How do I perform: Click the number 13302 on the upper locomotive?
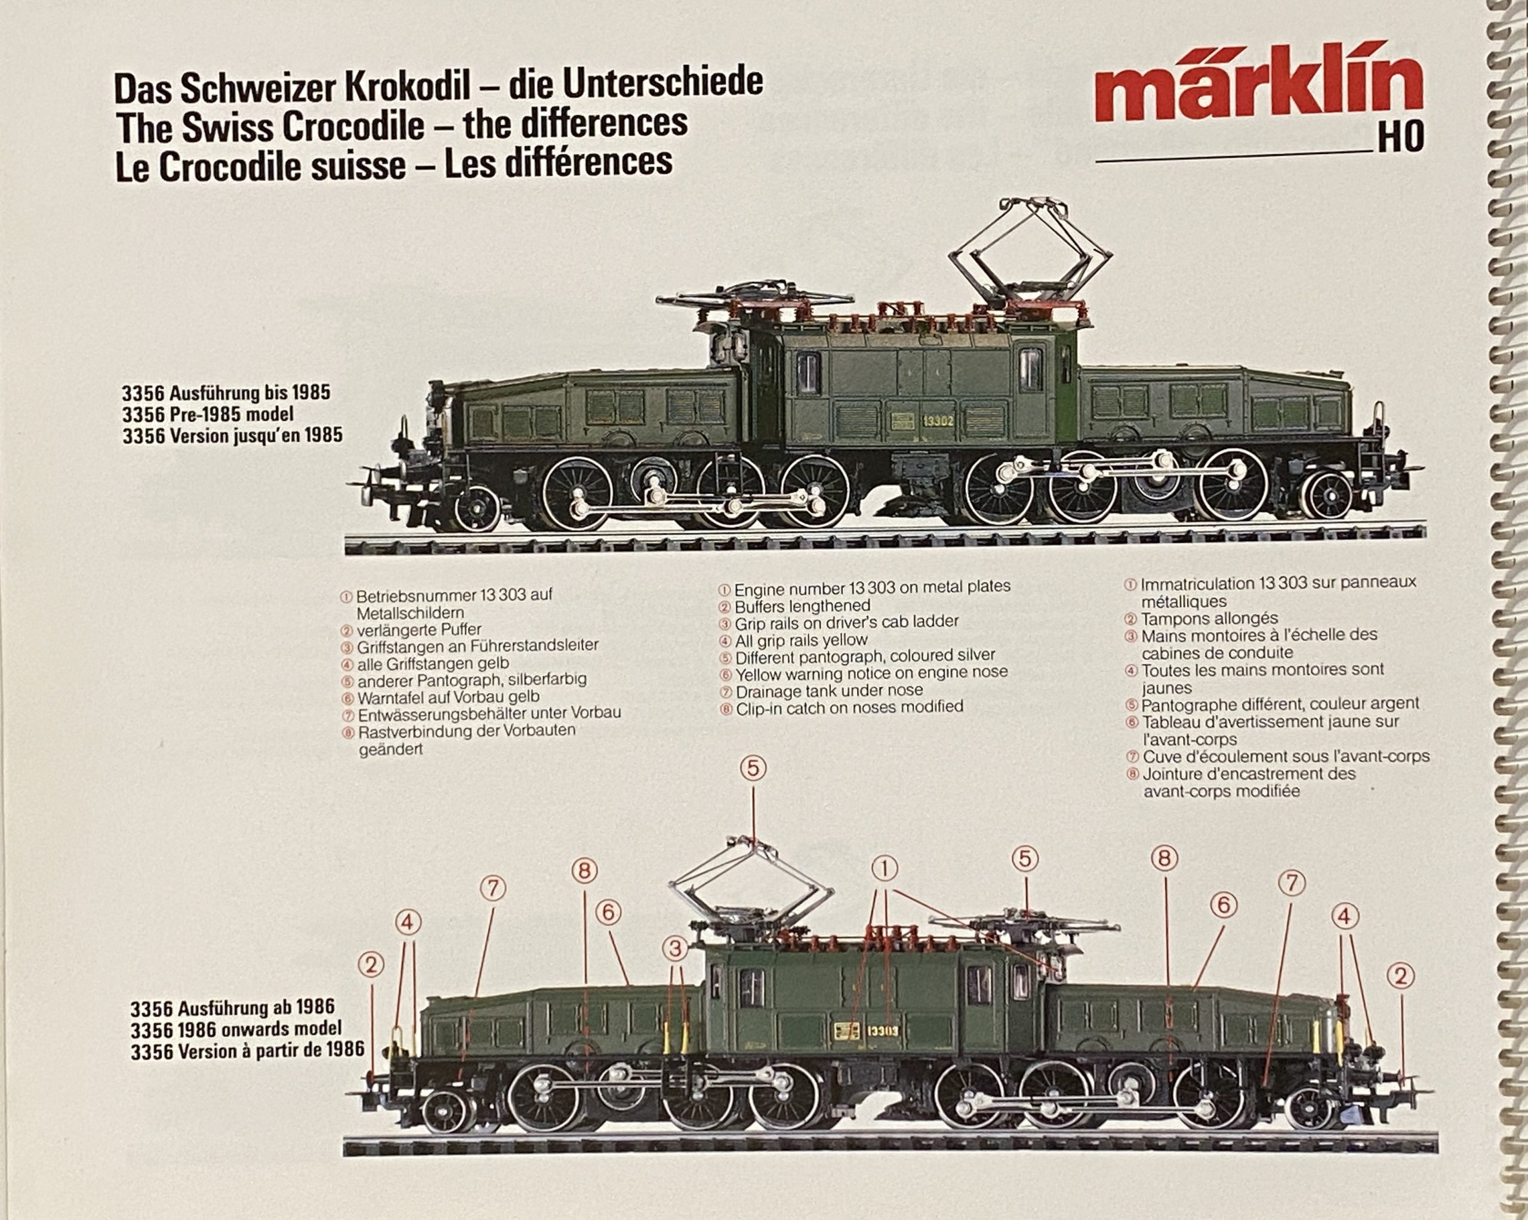click(938, 420)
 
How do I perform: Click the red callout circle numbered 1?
click(884, 868)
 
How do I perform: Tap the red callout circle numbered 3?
click(676, 948)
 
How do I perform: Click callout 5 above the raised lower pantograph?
click(753, 768)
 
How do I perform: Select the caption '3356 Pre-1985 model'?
click(208, 414)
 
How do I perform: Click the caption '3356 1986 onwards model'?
click(236, 1028)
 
